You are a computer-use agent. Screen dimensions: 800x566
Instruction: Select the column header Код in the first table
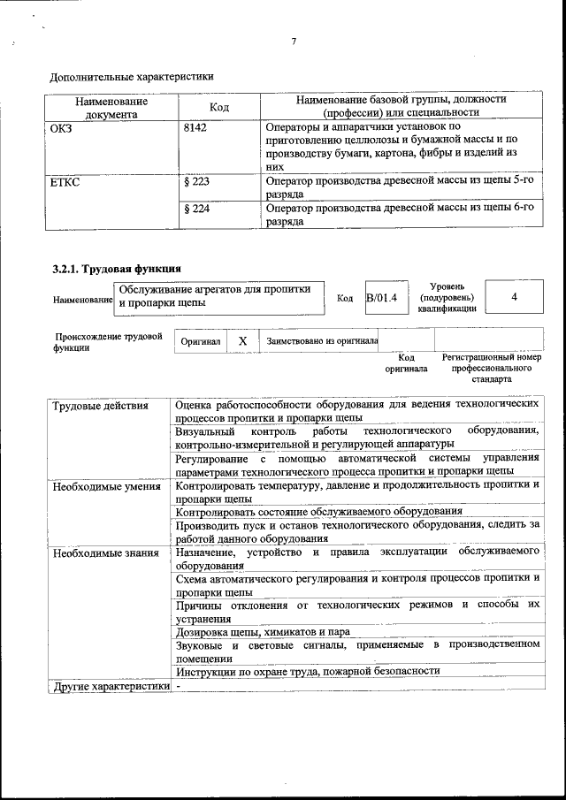[x=219, y=107]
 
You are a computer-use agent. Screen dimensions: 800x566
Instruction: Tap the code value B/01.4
[x=382, y=298]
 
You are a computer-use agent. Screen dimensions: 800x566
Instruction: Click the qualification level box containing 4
[x=514, y=298]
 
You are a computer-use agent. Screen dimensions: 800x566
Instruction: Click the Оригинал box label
[x=200, y=340]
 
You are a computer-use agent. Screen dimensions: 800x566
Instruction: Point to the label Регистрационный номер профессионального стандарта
[x=491, y=368]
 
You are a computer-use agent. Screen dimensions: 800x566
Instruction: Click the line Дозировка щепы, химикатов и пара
[x=263, y=632]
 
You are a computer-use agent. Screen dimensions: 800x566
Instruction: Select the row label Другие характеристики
[x=110, y=686]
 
